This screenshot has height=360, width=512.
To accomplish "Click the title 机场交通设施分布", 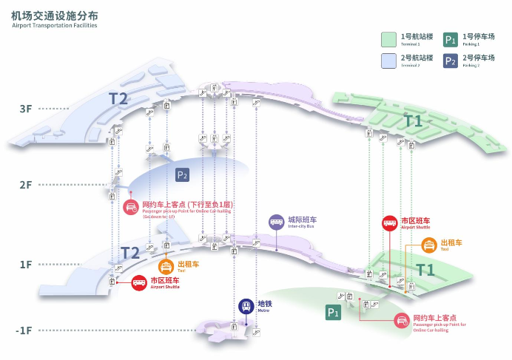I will (54, 15).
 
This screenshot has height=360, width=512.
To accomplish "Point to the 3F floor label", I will (25, 109).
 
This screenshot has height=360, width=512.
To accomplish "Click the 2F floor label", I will (25, 186).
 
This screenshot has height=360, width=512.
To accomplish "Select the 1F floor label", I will (25, 264).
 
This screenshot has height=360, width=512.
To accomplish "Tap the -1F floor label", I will (24, 330).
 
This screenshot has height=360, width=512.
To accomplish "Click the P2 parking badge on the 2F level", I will (183, 175).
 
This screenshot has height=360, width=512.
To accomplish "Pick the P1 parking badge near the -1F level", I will (333, 313).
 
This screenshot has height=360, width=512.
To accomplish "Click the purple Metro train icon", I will (246, 305).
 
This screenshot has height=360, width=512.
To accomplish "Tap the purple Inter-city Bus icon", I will (276, 221).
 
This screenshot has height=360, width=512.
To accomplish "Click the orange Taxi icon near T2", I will (167, 266).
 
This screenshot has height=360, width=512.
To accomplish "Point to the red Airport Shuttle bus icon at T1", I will (389, 223).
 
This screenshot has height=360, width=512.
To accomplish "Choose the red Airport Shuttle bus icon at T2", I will (138, 283).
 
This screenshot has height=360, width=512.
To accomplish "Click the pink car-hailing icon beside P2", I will (131, 207).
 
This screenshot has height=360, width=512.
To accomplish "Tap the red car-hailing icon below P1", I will (402, 320).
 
